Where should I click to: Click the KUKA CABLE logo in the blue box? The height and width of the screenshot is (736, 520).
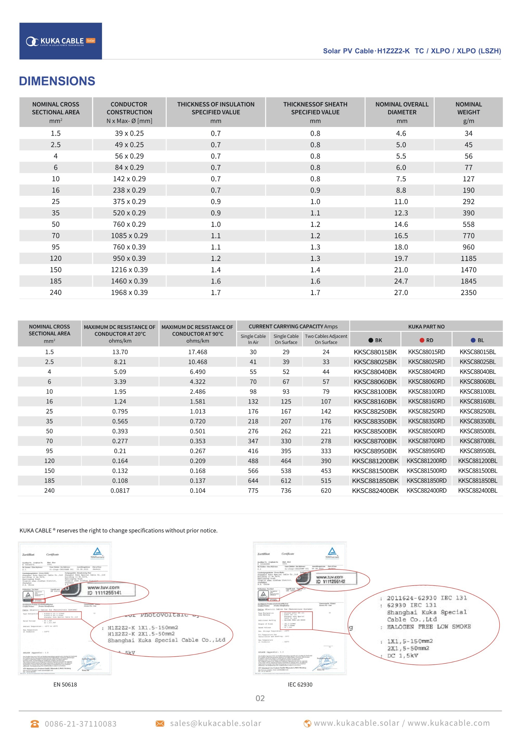click(x=61, y=41)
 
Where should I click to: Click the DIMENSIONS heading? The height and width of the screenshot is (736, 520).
click(x=57, y=81)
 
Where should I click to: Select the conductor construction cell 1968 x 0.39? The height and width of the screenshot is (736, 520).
click(x=129, y=292)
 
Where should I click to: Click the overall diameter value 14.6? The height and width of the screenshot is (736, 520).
click(x=401, y=224)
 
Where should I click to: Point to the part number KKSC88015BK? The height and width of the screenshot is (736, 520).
click(x=375, y=352)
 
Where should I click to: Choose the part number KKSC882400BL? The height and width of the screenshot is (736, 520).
click(x=477, y=491)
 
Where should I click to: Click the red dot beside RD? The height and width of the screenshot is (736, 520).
click(x=422, y=340)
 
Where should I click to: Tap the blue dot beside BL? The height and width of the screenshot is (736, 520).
click(x=473, y=340)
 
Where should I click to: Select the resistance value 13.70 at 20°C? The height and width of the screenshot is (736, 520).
click(x=120, y=352)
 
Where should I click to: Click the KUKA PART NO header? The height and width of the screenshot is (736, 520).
click(x=426, y=327)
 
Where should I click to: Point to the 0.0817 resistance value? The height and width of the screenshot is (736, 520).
click(x=120, y=491)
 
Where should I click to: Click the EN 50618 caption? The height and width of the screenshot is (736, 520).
click(x=65, y=684)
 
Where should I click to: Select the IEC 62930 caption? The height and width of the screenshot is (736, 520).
click(x=300, y=684)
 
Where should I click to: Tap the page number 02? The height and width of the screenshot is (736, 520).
click(x=260, y=698)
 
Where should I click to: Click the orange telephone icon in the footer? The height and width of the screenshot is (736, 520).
click(x=35, y=724)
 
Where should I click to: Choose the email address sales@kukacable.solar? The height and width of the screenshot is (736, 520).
click(x=216, y=723)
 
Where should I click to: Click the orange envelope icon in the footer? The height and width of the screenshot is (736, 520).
click(x=160, y=724)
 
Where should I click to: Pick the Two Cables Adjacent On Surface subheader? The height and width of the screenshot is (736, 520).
click(x=326, y=339)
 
